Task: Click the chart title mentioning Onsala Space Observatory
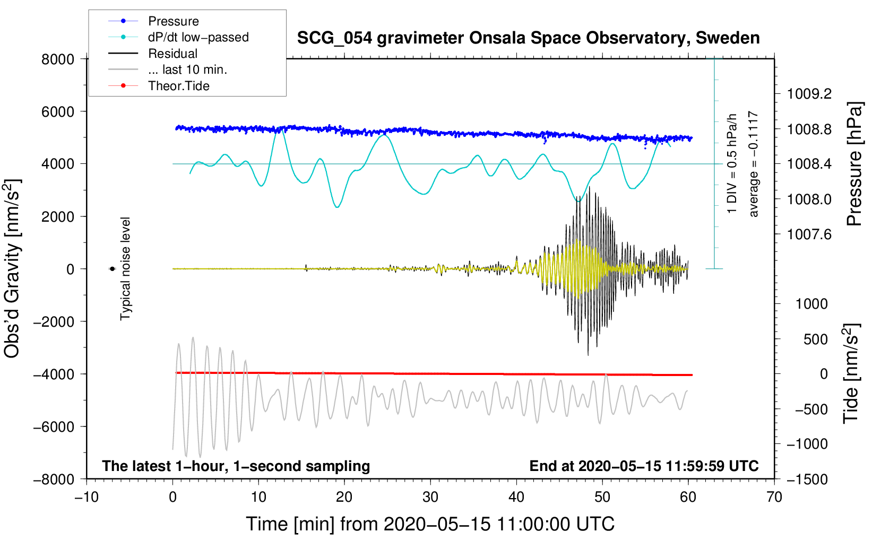528,38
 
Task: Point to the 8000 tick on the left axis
58,59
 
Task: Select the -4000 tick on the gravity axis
54,374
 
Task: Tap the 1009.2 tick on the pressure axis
809,94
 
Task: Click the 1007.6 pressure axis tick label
809,235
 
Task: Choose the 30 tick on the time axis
430,498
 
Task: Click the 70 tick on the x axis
774,498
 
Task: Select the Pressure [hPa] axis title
854,164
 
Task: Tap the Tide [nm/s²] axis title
851,373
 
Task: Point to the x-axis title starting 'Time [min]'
430,525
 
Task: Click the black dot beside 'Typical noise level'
113,269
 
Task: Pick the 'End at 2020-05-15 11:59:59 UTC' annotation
644,466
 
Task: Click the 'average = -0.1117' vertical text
753,163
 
